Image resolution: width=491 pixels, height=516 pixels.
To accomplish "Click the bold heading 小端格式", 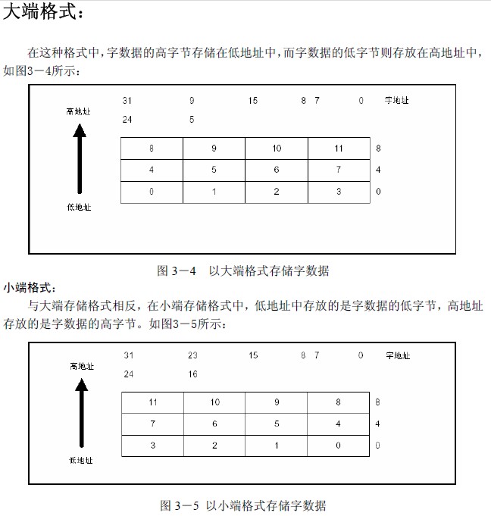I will tap(30, 288).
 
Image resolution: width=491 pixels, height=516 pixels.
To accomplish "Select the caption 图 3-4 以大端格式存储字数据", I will tap(242, 271).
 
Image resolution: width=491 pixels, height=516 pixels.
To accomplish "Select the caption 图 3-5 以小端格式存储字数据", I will tap(242, 505).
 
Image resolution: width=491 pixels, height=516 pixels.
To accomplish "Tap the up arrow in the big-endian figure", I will tap(80, 158).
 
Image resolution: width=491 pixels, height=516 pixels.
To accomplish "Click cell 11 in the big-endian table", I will tap(339, 149).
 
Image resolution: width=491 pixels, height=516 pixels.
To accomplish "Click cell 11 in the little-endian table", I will tap(152, 402).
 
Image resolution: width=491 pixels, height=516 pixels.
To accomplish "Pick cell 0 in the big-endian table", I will tap(152, 192).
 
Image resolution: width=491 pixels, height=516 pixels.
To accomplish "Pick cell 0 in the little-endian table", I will tap(338, 446).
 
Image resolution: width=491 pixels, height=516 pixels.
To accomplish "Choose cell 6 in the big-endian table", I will tap(277, 170).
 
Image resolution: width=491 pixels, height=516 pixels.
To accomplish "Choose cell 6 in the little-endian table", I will tap(214, 424).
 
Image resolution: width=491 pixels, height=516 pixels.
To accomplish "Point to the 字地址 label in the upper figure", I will tap(397, 100).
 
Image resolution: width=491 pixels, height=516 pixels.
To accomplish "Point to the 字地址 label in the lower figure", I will tap(398, 355).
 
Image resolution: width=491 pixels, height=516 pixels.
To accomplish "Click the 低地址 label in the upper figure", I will tap(79, 207).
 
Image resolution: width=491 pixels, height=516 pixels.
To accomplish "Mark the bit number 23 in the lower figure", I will tap(192, 355).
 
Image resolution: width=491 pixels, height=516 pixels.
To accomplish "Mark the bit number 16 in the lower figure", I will tap(192, 374).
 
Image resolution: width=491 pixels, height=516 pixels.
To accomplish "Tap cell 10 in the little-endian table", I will tap(214, 402).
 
